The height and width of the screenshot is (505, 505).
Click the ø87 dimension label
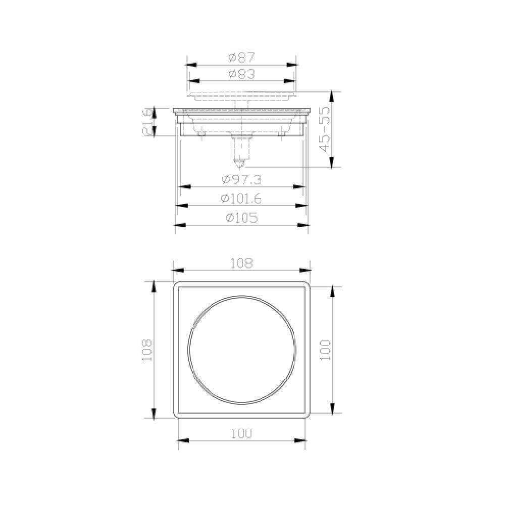coord(241,58)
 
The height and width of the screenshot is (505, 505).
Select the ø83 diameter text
coord(241,74)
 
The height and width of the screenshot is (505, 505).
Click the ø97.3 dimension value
coord(241,180)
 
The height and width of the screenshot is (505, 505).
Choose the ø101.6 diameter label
coord(241,199)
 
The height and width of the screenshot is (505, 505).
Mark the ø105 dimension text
coord(242,218)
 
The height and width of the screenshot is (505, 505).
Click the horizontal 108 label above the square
coord(241,263)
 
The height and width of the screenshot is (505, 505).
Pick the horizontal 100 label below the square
coord(241,433)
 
